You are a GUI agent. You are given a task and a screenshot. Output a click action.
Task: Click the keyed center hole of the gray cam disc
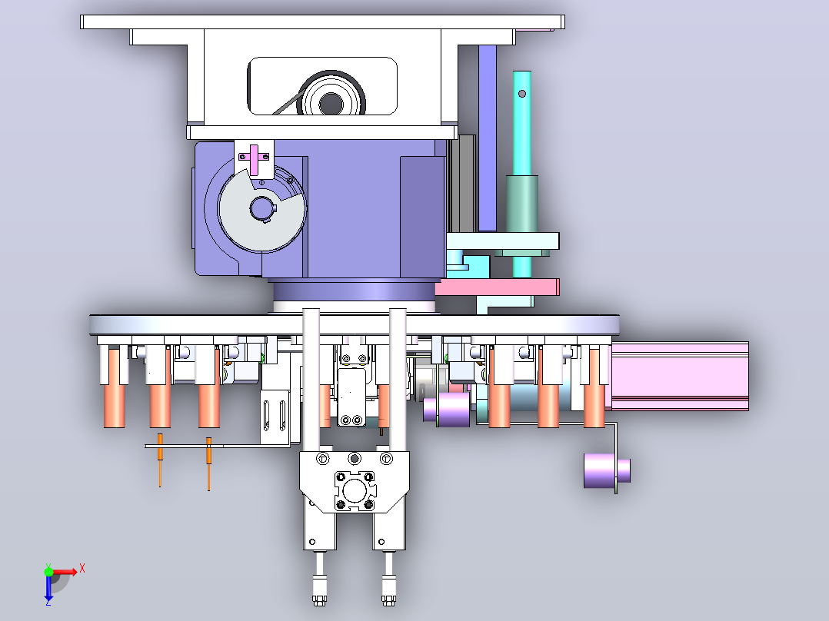coord(261,208)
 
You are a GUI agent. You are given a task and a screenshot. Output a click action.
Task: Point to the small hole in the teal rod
coord(522,94)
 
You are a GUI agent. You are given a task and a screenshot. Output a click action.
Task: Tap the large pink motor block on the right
coord(680,377)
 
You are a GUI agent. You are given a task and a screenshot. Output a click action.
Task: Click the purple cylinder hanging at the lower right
coord(607,470)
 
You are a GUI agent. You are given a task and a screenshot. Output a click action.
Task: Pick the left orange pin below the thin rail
coord(160,459)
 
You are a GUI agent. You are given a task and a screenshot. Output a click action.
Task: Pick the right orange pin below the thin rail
coord(209,463)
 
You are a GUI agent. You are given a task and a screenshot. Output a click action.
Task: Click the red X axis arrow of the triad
coord(65,572)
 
